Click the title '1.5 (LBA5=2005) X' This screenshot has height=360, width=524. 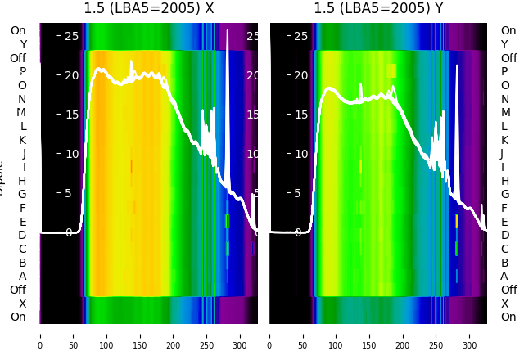(149, 8)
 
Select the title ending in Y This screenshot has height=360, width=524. (378, 8)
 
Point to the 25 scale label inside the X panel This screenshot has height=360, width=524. (71, 36)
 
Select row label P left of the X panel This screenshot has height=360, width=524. (23, 72)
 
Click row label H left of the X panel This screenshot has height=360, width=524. (23, 181)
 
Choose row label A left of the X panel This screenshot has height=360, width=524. (23, 276)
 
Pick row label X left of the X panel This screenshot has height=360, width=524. (23, 304)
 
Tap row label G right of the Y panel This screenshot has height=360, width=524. (504, 195)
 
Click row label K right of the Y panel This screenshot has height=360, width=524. (504, 140)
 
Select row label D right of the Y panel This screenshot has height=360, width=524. (504, 236)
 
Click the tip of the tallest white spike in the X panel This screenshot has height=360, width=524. (228, 30)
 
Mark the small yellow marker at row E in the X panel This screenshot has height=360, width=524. (227, 221)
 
